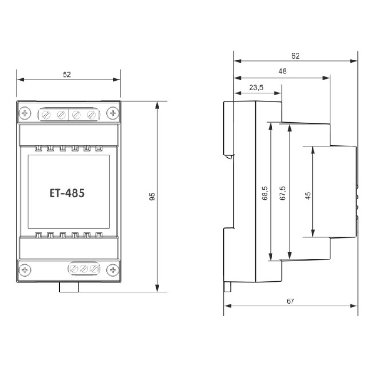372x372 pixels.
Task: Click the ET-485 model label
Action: (x=67, y=193)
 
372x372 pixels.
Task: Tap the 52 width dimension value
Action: (x=67, y=74)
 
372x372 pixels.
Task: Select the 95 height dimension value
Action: (x=152, y=197)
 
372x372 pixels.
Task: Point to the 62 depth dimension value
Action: (x=296, y=56)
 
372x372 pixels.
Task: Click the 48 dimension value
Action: (x=282, y=71)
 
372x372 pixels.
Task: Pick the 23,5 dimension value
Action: (x=256, y=87)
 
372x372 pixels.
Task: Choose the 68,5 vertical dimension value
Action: (x=265, y=193)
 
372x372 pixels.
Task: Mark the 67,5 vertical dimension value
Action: (x=283, y=193)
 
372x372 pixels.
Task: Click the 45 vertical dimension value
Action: (x=308, y=196)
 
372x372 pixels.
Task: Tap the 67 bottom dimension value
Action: (x=291, y=301)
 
